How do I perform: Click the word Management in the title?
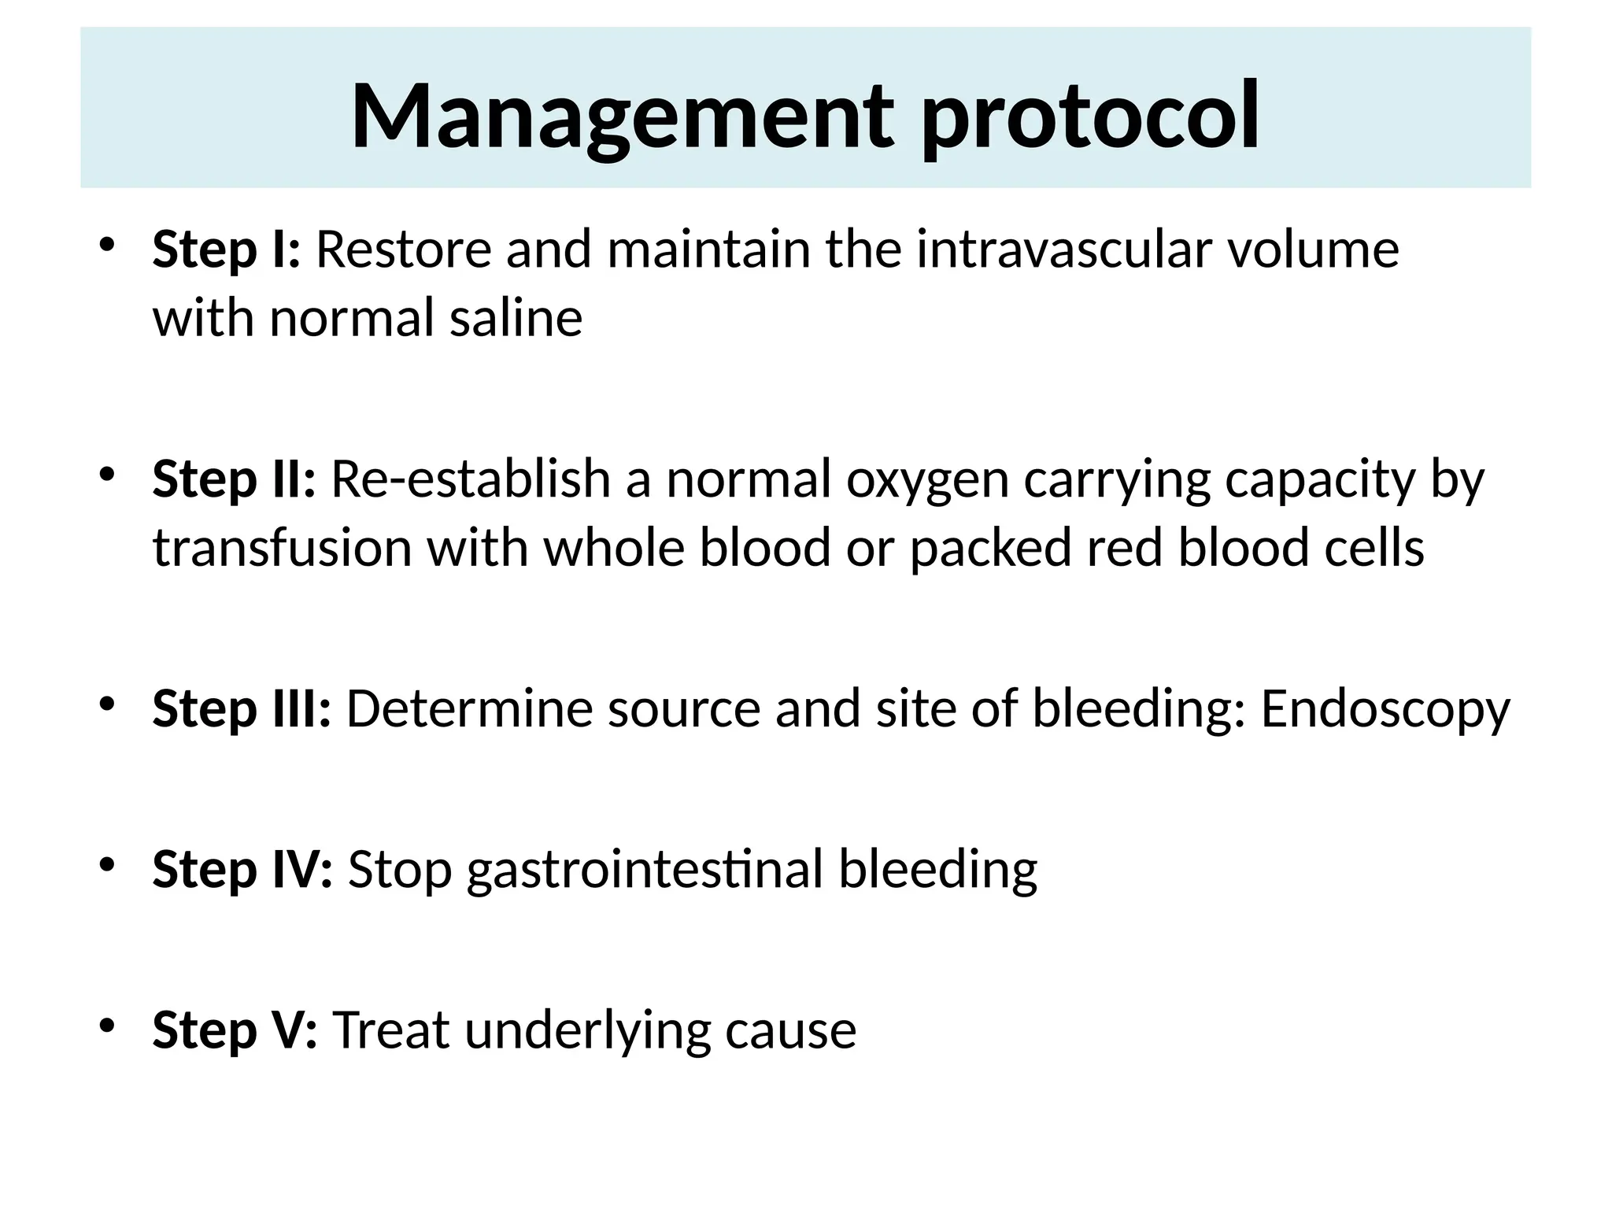(622, 116)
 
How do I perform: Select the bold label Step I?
(226, 250)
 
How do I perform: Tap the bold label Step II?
(234, 479)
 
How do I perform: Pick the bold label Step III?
(242, 708)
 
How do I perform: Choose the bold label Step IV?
(242, 869)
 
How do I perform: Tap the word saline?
(516, 319)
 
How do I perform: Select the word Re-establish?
(470, 479)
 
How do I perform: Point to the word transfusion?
(282, 548)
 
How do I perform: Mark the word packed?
(990, 548)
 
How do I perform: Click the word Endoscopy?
(1385, 708)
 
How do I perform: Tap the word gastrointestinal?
(645, 869)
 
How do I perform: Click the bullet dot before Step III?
(108, 702)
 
